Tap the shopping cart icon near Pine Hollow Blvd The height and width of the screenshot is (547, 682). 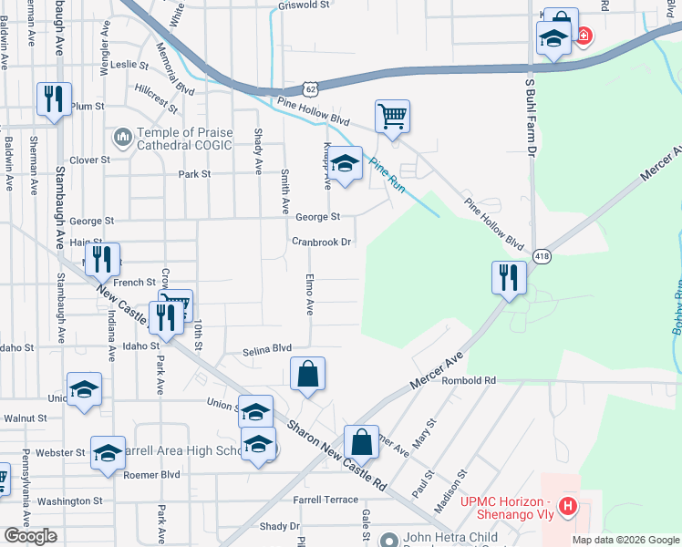click(x=392, y=116)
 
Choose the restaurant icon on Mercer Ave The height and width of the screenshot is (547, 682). click(x=509, y=277)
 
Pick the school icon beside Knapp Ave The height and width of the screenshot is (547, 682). click(x=346, y=163)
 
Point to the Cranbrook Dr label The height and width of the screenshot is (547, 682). click(x=321, y=243)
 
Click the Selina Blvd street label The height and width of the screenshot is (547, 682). click(x=267, y=350)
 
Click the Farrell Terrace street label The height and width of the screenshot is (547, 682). click(x=325, y=501)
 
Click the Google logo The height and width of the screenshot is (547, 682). click(x=31, y=536)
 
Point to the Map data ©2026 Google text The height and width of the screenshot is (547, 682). click(x=625, y=540)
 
